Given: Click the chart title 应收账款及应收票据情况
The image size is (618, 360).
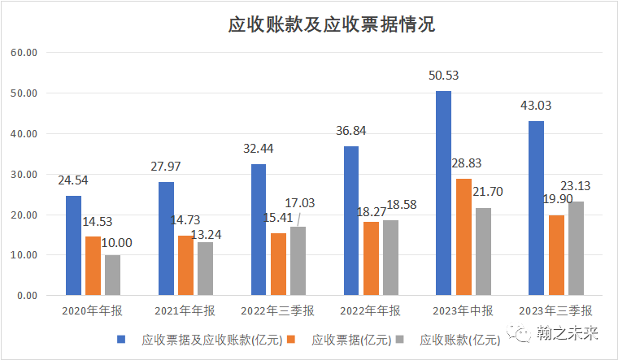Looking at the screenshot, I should click(331, 25).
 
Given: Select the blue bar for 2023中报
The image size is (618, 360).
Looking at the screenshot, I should click(443, 193).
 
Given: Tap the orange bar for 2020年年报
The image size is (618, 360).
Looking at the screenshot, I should click(94, 265).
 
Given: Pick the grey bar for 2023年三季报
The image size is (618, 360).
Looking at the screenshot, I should click(576, 248).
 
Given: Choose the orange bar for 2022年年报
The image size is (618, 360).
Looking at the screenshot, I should click(371, 258).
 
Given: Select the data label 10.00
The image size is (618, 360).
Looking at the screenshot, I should click(115, 241).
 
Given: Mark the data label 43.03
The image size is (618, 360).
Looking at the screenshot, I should click(536, 106).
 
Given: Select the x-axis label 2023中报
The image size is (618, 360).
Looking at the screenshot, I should click(463, 311).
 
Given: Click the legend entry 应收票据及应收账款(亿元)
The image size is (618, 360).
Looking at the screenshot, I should click(206, 338).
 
